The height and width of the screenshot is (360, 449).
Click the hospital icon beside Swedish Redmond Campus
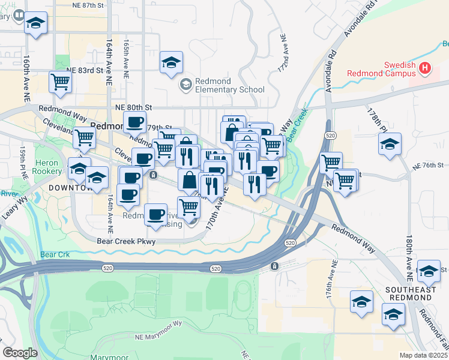click(x=426, y=68)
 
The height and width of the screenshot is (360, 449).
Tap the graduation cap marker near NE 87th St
click(x=35, y=24)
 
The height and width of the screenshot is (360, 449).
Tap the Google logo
click(x=20, y=353)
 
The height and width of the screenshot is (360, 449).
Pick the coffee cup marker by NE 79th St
click(x=134, y=122)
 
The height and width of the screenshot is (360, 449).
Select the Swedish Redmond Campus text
click(x=383, y=69)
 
